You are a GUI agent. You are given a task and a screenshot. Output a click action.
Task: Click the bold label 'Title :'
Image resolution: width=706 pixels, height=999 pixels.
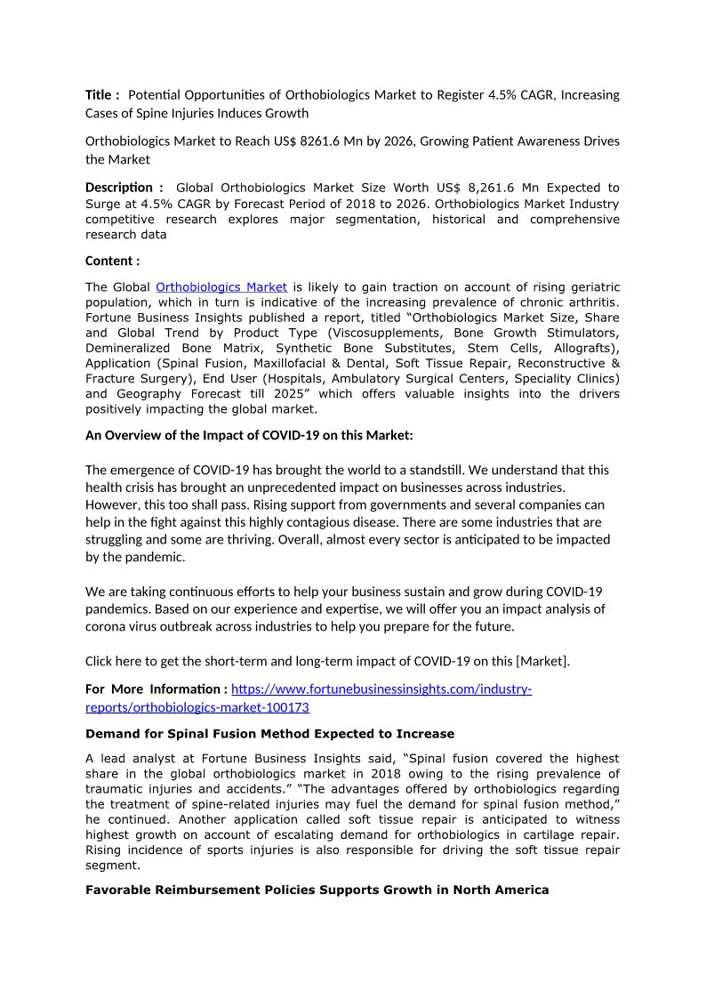(102, 95)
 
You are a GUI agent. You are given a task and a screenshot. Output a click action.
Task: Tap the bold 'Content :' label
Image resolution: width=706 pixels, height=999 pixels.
(112, 261)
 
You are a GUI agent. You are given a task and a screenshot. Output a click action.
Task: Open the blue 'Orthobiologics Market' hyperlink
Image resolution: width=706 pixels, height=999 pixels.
(221, 286)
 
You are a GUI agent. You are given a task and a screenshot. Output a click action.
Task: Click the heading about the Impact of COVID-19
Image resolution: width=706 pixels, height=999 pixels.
(249, 435)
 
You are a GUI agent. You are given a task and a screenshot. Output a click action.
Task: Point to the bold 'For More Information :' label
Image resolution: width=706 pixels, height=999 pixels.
(156, 689)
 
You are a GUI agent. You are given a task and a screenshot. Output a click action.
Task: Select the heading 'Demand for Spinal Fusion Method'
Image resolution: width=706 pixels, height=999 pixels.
(269, 734)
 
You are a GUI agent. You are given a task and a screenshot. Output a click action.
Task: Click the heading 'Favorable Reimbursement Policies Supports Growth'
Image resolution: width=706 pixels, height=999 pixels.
(317, 890)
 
